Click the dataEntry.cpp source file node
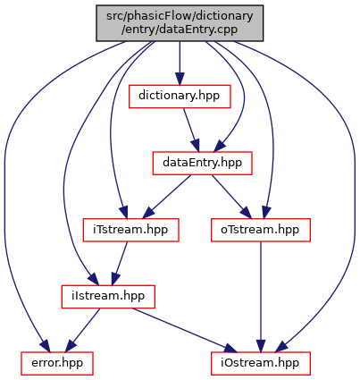click(x=180, y=23)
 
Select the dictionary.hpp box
click(x=180, y=97)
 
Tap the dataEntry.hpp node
click(x=203, y=163)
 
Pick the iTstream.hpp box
click(x=130, y=230)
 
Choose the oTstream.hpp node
click(x=261, y=230)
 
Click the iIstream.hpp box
click(x=108, y=297)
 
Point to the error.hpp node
click(x=57, y=363)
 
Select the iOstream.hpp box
click(x=261, y=363)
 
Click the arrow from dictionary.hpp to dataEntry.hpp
click(x=191, y=130)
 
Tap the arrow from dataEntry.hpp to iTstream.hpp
click(x=167, y=197)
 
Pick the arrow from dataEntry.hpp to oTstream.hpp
click(x=231, y=197)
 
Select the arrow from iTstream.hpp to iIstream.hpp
click(x=120, y=263)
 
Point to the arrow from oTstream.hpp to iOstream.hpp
click(x=261, y=297)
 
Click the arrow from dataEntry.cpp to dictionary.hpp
click(x=180, y=63)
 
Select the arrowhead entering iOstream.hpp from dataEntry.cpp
click(x=282, y=346)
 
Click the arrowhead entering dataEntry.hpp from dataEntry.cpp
click(x=220, y=146)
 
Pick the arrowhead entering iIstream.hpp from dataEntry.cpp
click(x=93, y=280)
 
